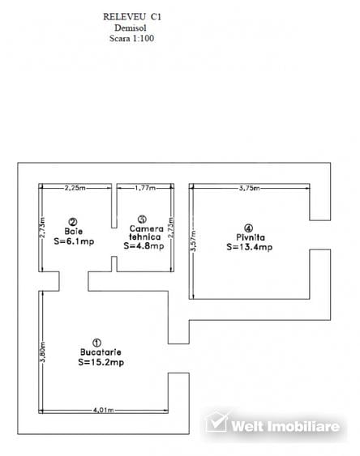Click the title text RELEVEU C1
point(132,16)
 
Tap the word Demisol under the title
point(130,28)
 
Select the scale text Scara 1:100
point(131,38)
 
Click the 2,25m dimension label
point(75,188)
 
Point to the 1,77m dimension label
point(145,188)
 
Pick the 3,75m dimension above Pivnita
point(250,188)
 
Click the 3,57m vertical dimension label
point(194,241)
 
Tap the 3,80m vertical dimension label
point(42,352)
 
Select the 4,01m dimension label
point(103,411)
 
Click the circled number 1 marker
point(96,343)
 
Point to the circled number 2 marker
point(73,222)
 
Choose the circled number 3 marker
point(142,219)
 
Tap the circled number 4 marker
point(248,228)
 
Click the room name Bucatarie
point(101,352)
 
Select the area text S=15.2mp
point(101,362)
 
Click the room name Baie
point(74,232)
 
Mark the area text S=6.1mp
point(74,241)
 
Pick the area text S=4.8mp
point(144,245)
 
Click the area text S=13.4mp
point(250,247)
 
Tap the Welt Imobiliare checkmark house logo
point(216,422)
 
